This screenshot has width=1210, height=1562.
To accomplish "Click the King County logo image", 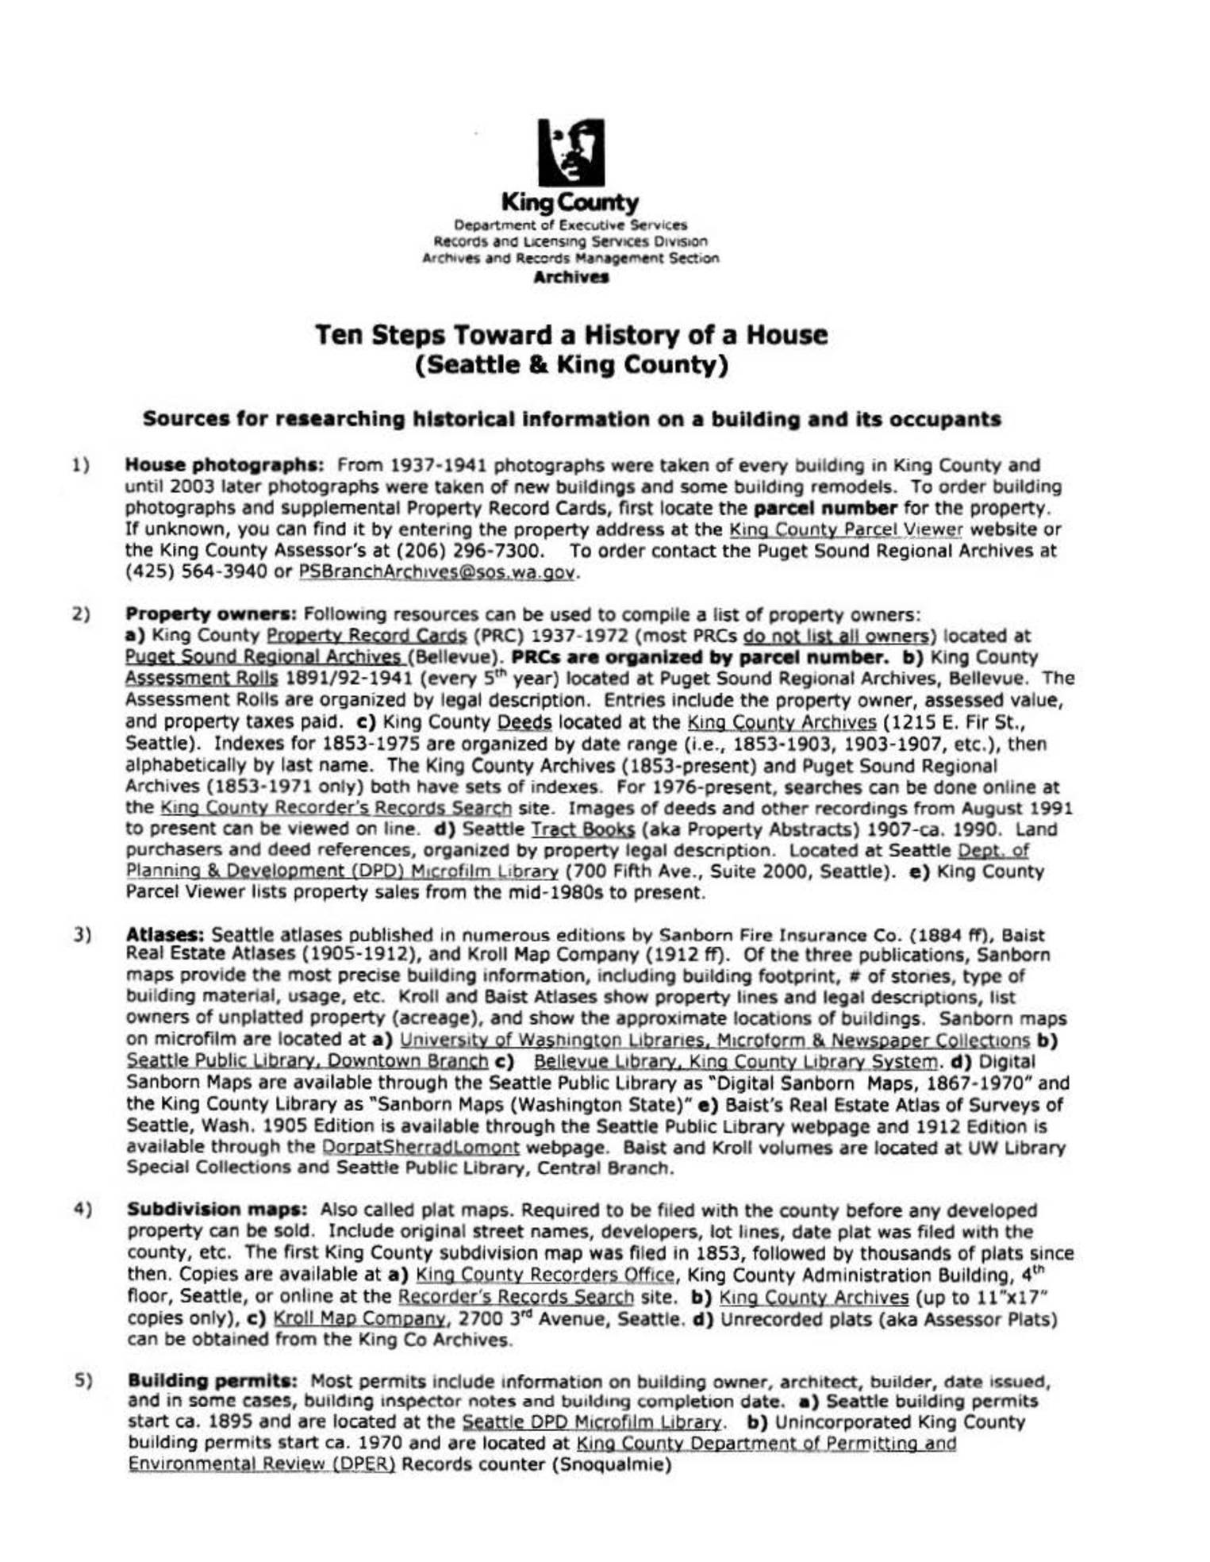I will coord(570,152).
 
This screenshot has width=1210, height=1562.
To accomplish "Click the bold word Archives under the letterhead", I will coord(570,278).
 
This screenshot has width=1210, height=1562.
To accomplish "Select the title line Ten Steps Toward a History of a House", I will coord(570,335).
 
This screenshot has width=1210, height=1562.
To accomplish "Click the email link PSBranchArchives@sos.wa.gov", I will coord(436,572).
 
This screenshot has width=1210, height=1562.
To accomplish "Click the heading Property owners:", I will coord(211,614).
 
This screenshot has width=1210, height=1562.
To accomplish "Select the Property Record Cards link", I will coord(366,636).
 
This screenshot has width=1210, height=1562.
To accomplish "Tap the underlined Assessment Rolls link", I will coord(202,679).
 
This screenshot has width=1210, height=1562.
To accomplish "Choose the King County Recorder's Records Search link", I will coord(336,808).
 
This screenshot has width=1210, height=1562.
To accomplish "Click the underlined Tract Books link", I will coord(582,829).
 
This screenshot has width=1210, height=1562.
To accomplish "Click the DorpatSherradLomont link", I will coord(421,1148).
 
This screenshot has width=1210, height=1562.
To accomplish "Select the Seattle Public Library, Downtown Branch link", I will coord(307,1061).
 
